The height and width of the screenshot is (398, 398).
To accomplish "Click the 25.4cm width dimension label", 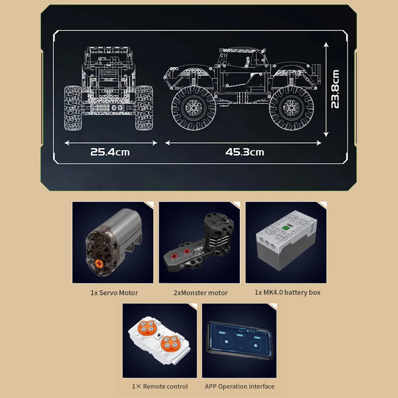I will click(x=109, y=152).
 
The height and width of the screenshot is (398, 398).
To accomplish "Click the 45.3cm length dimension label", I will click(x=244, y=152).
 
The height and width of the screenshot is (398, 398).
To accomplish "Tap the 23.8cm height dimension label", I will click(x=336, y=89).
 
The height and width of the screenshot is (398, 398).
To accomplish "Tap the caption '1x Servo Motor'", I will click(x=114, y=293).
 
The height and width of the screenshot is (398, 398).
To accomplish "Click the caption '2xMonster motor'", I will click(x=200, y=293).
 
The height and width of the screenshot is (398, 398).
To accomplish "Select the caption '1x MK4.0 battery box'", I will click(x=288, y=292).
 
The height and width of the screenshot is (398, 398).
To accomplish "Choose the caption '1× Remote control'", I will click(x=160, y=386).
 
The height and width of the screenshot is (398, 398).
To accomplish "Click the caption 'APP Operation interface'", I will click(x=239, y=386).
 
